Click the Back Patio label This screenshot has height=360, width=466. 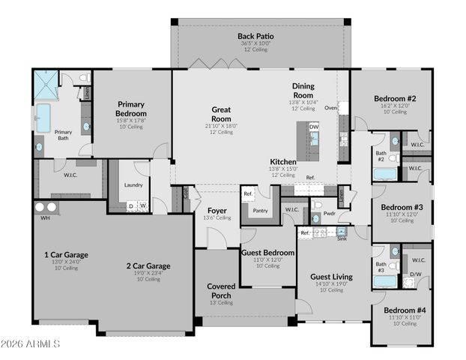(255, 36)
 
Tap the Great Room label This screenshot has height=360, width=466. (220, 113)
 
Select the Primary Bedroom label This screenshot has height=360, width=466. (130, 108)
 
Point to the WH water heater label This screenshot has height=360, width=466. (45, 218)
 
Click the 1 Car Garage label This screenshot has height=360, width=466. (67, 254)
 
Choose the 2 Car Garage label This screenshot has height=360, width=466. (148, 265)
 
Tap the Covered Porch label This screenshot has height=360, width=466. (221, 290)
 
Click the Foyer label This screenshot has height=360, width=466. (217, 211)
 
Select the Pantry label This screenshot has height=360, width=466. (260, 211)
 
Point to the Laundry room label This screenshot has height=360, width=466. (133, 184)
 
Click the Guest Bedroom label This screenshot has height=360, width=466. (267, 253)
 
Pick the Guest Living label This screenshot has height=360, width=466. (331, 277)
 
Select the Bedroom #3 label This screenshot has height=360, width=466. (402, 207)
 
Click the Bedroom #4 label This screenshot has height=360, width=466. (405, 310)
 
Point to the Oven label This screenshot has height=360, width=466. (330, 108)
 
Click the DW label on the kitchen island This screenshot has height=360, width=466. (314, 127)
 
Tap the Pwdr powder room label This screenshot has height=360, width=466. (329, 214)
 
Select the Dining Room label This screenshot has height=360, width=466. (303, 90)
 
